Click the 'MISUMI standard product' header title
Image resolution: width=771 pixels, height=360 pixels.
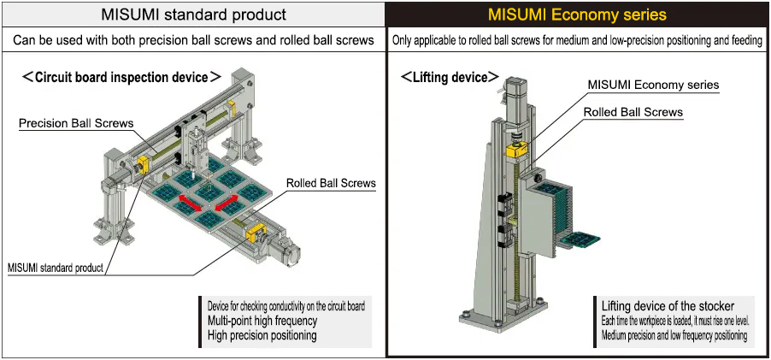coord(193,15)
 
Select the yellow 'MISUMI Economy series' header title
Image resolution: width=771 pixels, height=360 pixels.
coord(577,15)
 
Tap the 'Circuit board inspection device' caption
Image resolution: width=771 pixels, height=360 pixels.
coord(121,77)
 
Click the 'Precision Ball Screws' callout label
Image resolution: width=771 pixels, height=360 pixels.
coord(76,123)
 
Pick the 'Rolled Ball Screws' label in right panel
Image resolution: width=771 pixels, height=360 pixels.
coord(633,112)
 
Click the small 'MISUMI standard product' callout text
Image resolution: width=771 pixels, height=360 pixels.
coord(56,268)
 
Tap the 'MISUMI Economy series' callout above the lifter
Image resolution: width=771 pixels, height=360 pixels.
coord(653,85)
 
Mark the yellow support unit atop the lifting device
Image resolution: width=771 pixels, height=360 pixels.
coord(515,150)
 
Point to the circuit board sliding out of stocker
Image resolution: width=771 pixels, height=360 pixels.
coord(583,239)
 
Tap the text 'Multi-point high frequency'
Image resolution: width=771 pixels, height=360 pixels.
coord(262,321)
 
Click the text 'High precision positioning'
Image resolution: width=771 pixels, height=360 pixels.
coord(262,335)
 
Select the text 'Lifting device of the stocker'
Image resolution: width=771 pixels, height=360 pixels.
coord(668,306)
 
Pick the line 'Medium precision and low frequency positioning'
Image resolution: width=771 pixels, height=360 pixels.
coord(674,335)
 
